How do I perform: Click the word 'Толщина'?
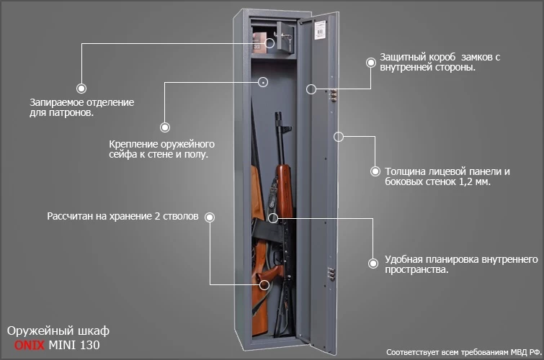coord(407,171)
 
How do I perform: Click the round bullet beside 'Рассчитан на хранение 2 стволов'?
coord(210,217)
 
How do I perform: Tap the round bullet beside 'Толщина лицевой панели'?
coord(375,171)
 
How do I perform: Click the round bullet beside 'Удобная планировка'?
coord(373,264)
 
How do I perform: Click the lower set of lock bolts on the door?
coord(332,274)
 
